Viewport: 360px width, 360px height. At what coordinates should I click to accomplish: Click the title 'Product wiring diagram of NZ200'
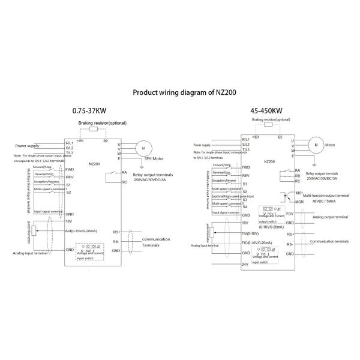tap(179, 94)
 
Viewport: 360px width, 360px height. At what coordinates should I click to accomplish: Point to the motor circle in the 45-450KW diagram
tap(313, 144)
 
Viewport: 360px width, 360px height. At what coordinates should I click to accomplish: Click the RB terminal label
tap(298, 176)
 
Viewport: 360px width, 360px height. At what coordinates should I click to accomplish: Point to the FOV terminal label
tap(290, 214)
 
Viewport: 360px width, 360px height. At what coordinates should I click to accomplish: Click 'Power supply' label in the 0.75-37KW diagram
tap(29, 145)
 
